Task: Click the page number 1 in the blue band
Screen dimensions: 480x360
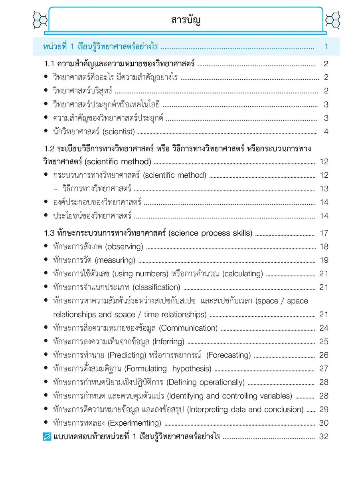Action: [326, 47]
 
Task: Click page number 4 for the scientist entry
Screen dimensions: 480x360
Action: [326, 132]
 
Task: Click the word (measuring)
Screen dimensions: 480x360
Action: [115, 260]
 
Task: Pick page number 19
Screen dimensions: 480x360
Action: [324, 260]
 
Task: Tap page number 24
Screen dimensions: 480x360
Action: [324, 328]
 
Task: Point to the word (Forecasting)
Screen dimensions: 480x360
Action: [229, 355]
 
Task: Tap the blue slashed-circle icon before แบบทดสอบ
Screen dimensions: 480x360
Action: [47, 437]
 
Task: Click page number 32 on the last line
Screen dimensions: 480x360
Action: [324, 437]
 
